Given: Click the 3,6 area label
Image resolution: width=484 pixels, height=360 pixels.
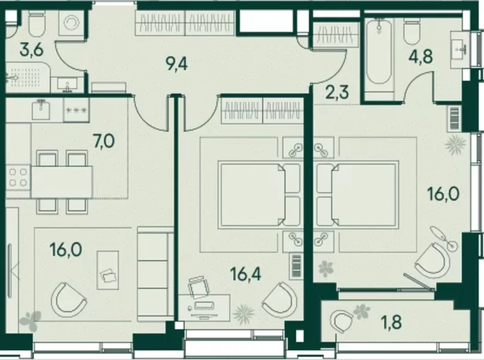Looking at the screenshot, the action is tap(31, 50).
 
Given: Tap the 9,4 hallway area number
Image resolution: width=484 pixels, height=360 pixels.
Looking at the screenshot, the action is tap(176, 64).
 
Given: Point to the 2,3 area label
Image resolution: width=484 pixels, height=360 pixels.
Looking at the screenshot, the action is tap(337, 92).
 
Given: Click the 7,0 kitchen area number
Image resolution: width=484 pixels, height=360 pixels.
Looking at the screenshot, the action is tap(104, 142).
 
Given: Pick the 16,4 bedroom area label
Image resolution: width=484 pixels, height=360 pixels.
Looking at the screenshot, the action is tap(246, 274).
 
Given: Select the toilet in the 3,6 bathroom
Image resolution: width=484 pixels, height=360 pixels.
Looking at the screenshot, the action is tap(37, 24).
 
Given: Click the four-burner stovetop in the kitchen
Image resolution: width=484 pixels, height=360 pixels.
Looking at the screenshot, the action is tap(18, 178).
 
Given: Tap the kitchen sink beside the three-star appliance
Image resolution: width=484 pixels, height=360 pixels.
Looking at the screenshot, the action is tap(42, 110).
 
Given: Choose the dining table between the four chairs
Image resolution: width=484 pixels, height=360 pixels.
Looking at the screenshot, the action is tap(62, 182).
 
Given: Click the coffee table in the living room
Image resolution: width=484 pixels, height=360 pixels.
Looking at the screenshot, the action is tap(108, 270).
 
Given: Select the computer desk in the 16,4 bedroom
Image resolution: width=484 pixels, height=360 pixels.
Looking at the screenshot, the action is tap(204, 307).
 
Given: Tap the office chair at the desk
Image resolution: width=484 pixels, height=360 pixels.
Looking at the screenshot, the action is tap(199, 287).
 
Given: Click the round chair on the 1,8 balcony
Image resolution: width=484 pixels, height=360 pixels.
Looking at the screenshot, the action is tap(341, 322).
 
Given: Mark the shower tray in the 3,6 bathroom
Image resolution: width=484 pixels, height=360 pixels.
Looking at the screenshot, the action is tap(27, 77).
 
